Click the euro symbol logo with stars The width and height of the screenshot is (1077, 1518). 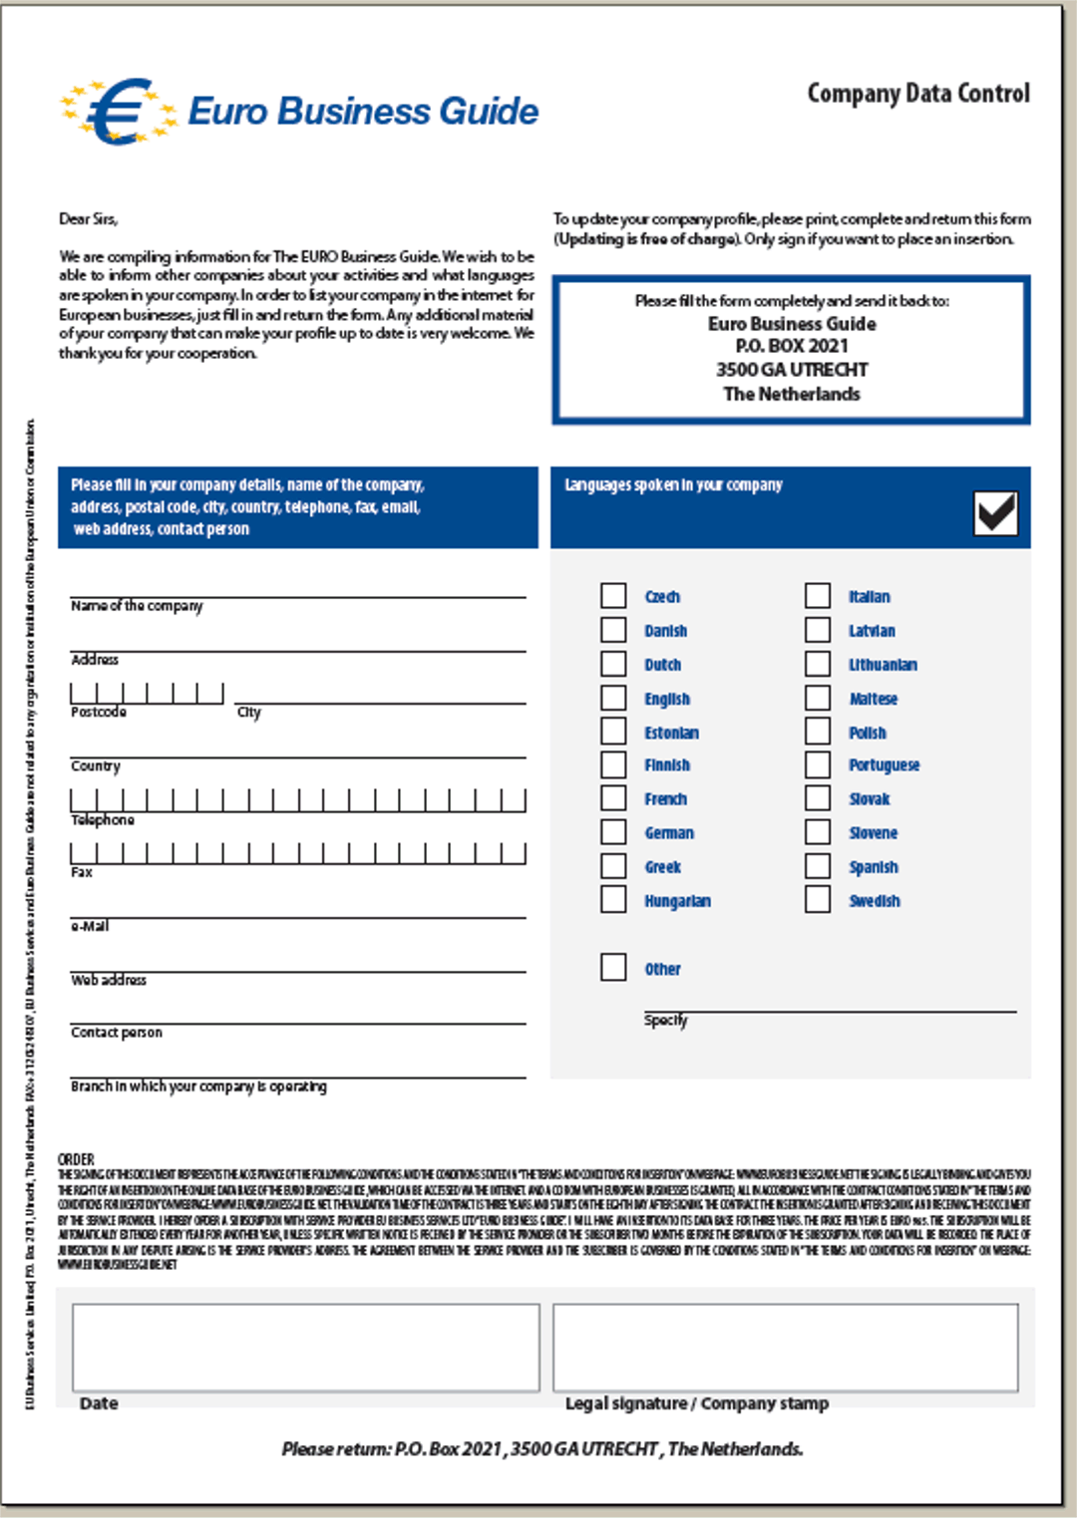point(118,111)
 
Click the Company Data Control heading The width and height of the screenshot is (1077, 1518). point(917,94)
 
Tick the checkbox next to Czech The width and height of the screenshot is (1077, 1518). point(613,596)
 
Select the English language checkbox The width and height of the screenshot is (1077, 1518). point(613,698)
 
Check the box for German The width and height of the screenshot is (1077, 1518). point(613,832)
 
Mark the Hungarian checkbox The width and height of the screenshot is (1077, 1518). point(613,900)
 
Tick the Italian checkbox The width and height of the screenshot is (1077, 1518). point(818,596)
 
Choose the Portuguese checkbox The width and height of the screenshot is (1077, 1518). point(818,764)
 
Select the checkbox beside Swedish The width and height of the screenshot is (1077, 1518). point(818,900)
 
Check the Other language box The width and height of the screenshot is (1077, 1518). point(613,968)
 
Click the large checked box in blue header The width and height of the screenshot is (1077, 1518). point(995,512)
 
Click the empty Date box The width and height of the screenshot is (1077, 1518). point(305,1347)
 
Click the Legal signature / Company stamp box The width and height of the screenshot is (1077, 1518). point(786,1347)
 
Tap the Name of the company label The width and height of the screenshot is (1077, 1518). point(137,606)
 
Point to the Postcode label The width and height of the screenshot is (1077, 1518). point(99,712)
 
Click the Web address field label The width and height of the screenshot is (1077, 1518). point(109,980)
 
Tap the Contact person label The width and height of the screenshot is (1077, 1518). point(117,1033)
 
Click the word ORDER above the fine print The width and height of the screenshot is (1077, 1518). point(76,1159)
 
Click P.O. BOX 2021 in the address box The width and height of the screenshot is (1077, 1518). point(792,346)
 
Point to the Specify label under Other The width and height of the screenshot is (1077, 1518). point(665,1020)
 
